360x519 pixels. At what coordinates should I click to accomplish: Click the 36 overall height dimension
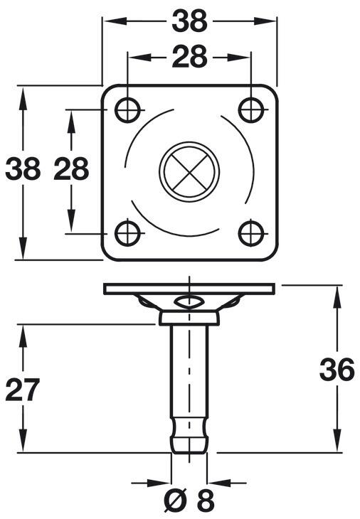click(x=336, y=370)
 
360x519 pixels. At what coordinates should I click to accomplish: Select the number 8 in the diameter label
click(x=205, y=501)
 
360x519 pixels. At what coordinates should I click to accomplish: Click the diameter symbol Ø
click(x=176, y=501)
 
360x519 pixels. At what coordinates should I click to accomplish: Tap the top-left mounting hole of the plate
click(x=127, y=110)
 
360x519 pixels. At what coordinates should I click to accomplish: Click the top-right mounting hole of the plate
click(x=251, y=110)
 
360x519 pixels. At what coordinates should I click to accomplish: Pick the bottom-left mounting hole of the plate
click(x=127, y=232)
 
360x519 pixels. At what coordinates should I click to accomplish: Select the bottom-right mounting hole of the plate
click(x=251, y=232)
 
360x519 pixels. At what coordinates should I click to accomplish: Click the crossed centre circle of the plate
click(x=189, y=171)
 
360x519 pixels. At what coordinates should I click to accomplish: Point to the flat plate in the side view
click(x=189, y=289)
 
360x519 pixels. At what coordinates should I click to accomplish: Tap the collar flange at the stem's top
click(x=189, y=317)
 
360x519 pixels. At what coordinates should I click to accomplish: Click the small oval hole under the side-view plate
click(x=189, y=301)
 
